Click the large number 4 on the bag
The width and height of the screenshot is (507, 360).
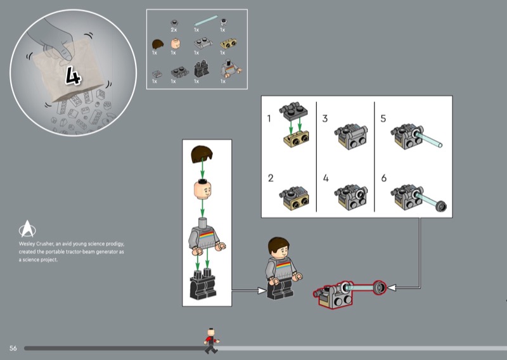(x=74, y=75)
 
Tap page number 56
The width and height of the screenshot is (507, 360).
(x=13, y=348)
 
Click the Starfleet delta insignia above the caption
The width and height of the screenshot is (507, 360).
(x=27, y=229)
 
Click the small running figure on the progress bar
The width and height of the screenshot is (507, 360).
(x=211, y=340)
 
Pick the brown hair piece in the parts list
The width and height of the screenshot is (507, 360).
(x=157, y=44)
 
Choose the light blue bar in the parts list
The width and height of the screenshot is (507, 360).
(x=206, y=20)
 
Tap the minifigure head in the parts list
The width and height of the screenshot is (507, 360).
(x=176, y=43)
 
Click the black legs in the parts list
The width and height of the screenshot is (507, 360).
(x=202, y=68)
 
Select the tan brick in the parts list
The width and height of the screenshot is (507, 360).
(x=228, y=44)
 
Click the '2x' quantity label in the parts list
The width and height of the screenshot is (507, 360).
(x=174, y=30)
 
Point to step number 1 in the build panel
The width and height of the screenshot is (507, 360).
(x=269, y=119)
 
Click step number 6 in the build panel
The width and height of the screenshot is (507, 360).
(x=384, y=178)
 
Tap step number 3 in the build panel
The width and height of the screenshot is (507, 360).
(x=325, y=119)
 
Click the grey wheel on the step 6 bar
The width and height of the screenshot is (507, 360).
(x=441, y=206)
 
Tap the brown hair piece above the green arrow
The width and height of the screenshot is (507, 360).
(x=202, y=154)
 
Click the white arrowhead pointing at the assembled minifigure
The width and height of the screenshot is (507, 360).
(x=262, y=290)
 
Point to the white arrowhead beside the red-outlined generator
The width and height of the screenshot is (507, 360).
(x=392, y=288)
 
